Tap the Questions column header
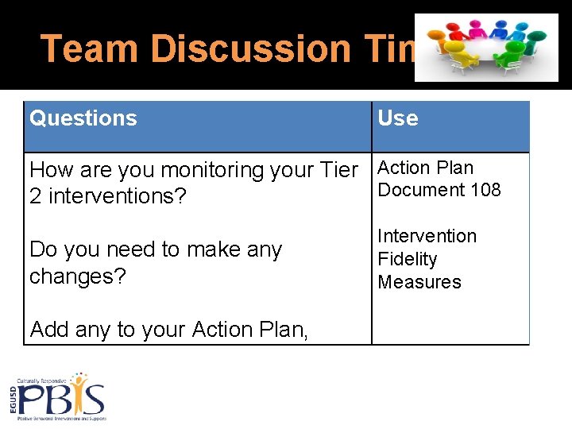[x=83, y=118]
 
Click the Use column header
[x=397, y=118]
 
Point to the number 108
[x=485, y=190]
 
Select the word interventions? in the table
[x=116, y=196]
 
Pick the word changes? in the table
[x=78, y=276]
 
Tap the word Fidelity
[x=407, y=259]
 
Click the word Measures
[x=419, y=282]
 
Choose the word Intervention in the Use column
[x=427, y=236]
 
